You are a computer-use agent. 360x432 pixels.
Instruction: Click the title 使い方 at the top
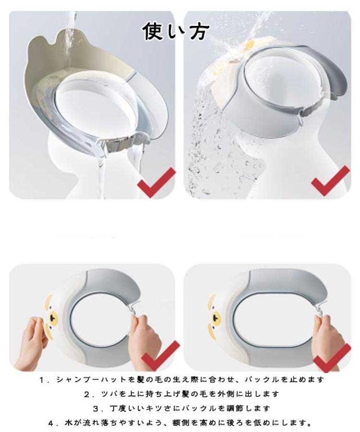(x=176, y=30)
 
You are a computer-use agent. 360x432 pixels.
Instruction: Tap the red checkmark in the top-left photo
(x=156, y=183)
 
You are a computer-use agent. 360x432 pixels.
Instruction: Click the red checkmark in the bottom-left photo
(x=160, y=355)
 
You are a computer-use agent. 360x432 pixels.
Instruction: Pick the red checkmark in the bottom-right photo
(x=332, y=357)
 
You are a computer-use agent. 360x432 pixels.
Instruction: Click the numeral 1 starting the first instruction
(x=42, y=380)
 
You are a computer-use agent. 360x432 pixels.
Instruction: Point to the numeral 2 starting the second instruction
(x=87, y=394)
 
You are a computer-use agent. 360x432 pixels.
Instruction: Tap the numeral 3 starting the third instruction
(x=96, y=408)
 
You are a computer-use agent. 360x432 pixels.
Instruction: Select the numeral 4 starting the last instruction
(x=51, y=423)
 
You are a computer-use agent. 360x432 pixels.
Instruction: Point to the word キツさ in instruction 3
(x=164, y=408)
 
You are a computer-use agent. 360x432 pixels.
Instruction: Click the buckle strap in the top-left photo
(x=120, y=144)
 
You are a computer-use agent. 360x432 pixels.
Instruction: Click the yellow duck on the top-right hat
(x=249, y=43)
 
